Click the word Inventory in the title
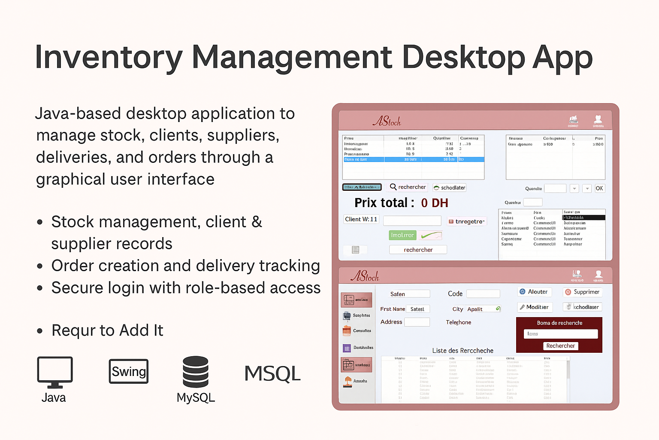[x=109, y=58]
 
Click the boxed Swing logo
[x=129, y=371]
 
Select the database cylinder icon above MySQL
[x=196, y=372]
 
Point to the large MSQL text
[x=272, y=373]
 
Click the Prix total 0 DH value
[x=434, y=203]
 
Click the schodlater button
[x=449, y=188]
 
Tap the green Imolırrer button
[x=402, y=235]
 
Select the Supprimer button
[x=582, y=292]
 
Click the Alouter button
[x=534, y=292]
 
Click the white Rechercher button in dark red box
[x=560, y=346]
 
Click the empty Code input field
[x=483, y=294]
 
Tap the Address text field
[x=417, y=322]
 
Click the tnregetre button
[x=466, y=222]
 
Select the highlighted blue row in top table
[x=413, y=159]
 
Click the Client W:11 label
[x=361, y=220]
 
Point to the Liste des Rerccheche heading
[x=463, y=351]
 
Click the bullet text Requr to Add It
[x=107, y=330]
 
